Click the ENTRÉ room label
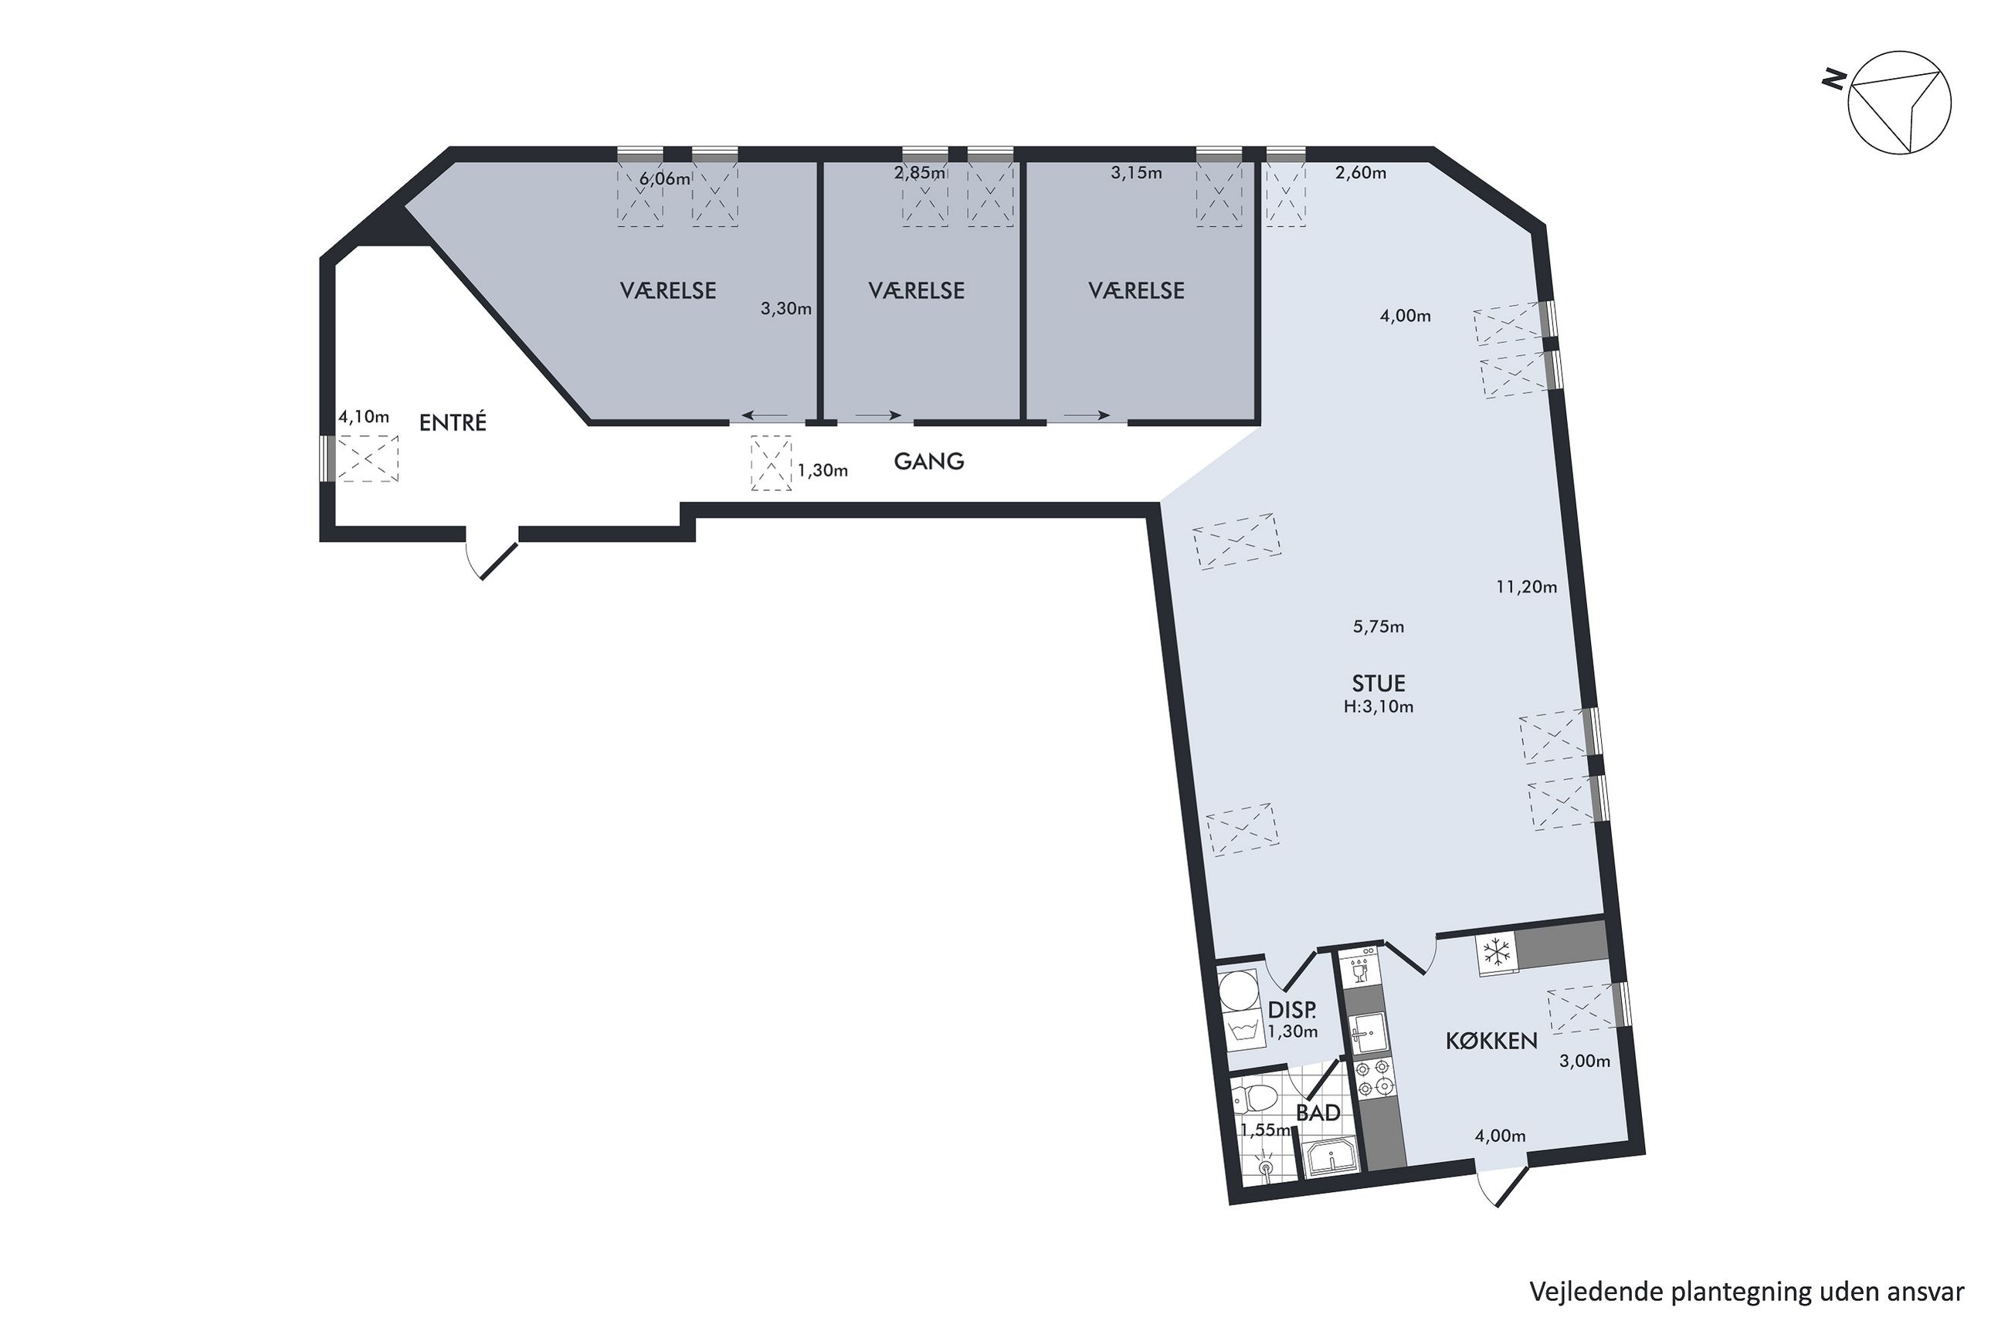pyautogui.click(x=453, y=422)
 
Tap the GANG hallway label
pyautogui.click(x=928, y=462)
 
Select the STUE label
pyautogui.click(x=1379, y=683)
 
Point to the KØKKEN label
pyautogui.click(x=1491, y=1041)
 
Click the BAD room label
pyautogui.click(x=1318, y=1113)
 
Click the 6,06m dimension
pyautogui.click(x=664, y=179)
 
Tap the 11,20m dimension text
pyautogui.click(x=1526, y=587)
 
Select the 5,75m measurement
pyautogui.click(x=1379, y=627)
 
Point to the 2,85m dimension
pyautogui.click(x=919, y=173)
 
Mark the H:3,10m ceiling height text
pyautogui.click(x=1379, y=706)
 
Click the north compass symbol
pyautogui.click(x=1899, y=114)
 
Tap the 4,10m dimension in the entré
pyautogui.click(x=364, y=417)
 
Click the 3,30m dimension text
pyautogui.click(x=786, y=309)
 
